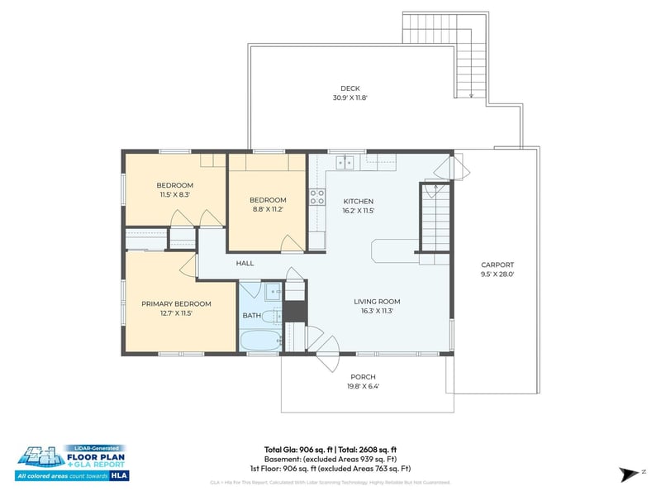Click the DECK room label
point(350,88)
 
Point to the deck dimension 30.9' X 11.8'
point(350,98)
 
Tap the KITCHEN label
point(359,201)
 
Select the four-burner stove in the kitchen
point(316,197)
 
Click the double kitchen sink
point(346,162)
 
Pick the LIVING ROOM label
point(377,302)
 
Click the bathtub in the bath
point(259,341)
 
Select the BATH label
point(251,316)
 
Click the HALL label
point(245,263)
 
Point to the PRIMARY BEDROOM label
point(176,303)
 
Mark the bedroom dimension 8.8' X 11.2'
point(268,209)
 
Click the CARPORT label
point(497,265)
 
